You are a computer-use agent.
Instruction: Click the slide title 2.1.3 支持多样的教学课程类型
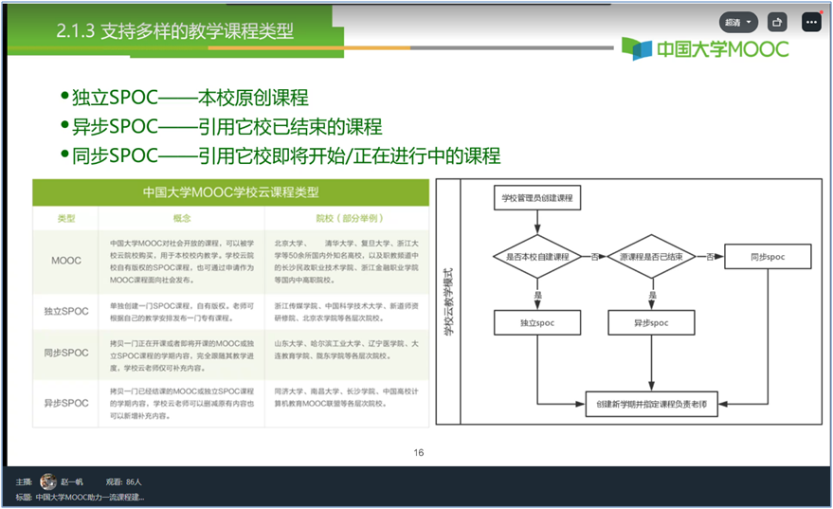[174, 31]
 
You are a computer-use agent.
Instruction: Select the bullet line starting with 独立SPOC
[190, 99]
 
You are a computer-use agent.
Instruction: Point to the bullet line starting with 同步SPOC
[285, 155]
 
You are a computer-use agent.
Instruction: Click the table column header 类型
[66, 218]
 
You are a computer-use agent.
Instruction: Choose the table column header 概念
[182, 218]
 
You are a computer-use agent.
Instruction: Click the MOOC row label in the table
[66, 260]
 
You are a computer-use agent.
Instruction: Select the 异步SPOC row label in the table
[66, 403]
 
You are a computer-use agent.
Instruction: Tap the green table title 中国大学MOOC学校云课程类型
[230, 191]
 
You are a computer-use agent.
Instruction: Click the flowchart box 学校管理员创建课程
[537, 198]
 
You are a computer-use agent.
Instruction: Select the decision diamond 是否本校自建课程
[537, 257]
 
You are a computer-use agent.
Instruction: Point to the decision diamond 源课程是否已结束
[651, 257]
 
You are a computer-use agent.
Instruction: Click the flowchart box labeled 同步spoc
[768, 257]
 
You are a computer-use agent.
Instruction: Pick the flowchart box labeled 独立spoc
[537, 323]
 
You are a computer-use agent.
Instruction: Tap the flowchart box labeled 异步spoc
[651, 323]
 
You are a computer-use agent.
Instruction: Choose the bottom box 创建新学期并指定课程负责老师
[651, 403]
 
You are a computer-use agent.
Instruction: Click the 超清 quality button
[738, 22]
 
